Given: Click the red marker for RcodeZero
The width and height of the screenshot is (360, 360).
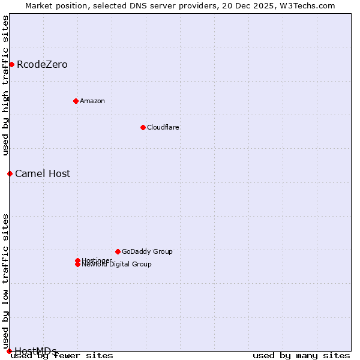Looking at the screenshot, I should coord(11,64).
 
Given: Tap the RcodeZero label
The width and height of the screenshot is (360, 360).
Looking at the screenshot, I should coord(42,65).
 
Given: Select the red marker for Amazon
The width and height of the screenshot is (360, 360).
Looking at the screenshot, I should coord(76,101).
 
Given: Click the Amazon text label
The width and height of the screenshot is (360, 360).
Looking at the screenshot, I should coord(92,101).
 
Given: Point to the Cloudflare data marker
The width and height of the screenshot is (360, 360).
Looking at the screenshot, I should coord(143,127).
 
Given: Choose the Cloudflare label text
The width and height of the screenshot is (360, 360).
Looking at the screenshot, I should coord(163,127).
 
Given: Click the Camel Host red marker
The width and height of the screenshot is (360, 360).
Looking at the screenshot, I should coord(10,173).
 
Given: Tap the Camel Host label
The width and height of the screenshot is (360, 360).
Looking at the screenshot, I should coord(43,174).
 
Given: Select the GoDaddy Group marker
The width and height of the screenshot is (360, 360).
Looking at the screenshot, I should coord(118,251).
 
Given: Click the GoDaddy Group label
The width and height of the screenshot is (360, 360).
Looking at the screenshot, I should coord(147,251).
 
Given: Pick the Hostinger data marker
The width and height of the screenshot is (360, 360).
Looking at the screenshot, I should coord(77,260).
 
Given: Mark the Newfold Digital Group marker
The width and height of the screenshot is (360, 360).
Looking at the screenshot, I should coord(77,265).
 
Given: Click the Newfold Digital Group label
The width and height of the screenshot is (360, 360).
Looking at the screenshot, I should coord(117,265).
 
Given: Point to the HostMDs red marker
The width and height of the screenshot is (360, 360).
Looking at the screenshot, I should coord(9,351).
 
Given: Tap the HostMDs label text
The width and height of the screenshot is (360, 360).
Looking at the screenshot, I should coord(35,351).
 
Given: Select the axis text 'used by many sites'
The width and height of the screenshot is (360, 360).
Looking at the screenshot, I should coord(301,356).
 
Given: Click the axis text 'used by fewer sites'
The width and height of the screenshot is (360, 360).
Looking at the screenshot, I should coord(62,356).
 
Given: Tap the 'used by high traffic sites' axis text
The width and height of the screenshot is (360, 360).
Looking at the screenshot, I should coord(6,85).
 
